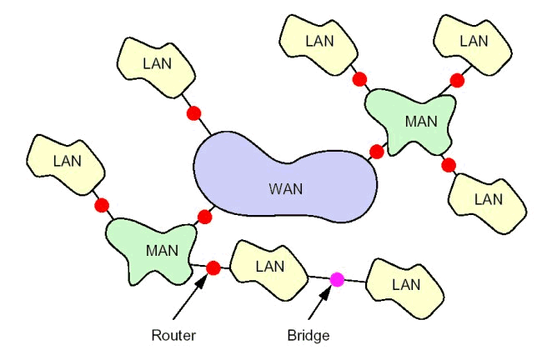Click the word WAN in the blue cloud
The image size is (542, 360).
[x=285, y=188]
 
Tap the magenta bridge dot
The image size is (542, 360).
[x=337, y=279]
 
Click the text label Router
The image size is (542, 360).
[x=173, y=336]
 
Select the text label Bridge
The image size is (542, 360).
[x=309, y=336]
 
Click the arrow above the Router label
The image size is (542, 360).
[x=192, y=297]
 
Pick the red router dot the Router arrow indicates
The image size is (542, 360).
[x=213, y=268]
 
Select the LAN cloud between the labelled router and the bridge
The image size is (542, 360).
[x=269, y=267]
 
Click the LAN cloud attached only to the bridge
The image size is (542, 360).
[x=406, y=284]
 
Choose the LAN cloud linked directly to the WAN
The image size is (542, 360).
[x=155, y=63]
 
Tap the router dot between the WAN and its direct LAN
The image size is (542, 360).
[x=193, y=112]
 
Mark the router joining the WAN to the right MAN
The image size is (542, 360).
[x=376, y=152]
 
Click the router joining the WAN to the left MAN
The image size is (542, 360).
[x=205, y=217]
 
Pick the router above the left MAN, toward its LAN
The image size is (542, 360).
[x=102, y=205]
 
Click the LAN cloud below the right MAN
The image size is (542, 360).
[x=488, y=199]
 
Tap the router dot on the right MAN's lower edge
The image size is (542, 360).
[x=449, y=164]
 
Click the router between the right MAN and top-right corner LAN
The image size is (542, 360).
[x=457, y=81]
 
